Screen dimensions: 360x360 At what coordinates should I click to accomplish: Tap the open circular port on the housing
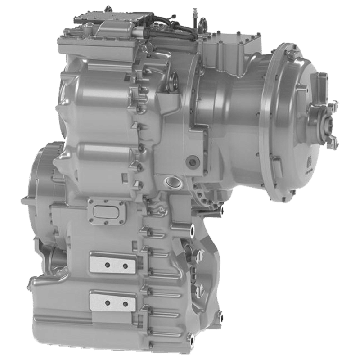pos(173,183)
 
